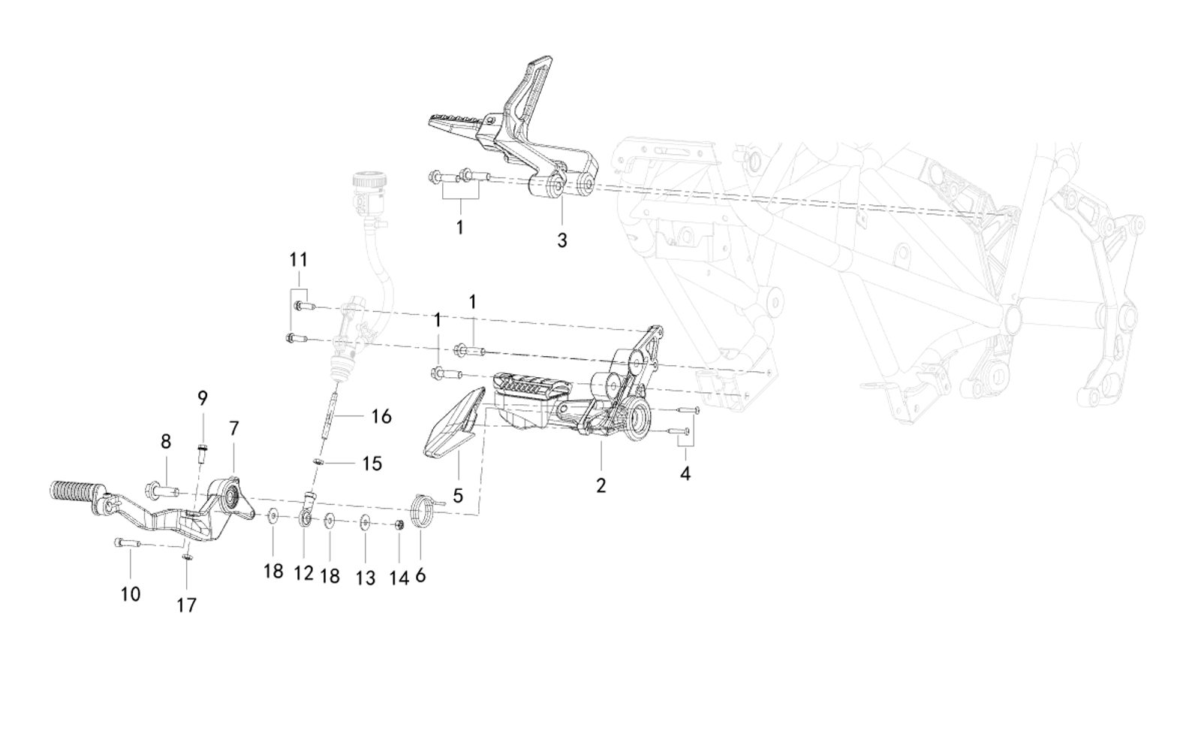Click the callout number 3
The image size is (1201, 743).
(x=562, y=240)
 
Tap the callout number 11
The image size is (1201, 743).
(x=299, y=260)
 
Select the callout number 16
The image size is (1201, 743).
(x=381, y=416)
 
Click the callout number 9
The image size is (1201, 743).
(x=203, y=398)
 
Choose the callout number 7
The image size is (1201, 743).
(x=234, y=428)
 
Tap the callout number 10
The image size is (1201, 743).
(x=130, y=594)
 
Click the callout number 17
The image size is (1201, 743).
(x=186, y=605)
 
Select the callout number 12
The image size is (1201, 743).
(x=303, y=574)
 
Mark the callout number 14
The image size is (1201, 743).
(x=399, y=578)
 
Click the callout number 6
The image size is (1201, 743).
(x=420, y=575)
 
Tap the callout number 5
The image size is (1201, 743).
(x=458, y=496)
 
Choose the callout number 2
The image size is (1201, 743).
(x=600, y=485)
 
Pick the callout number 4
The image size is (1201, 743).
(x=685, y=473)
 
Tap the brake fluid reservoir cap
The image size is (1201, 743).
(x=369, y=180)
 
